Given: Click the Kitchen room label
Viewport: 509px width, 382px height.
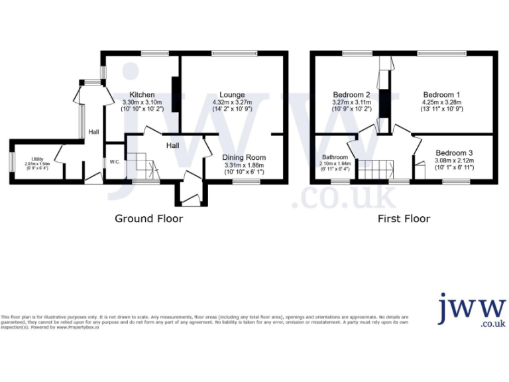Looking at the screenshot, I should [x=142, y=95].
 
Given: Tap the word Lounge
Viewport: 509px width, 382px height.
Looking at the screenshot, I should [x=232, y=95].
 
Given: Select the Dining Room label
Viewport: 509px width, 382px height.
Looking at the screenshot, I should [x=243, y=157].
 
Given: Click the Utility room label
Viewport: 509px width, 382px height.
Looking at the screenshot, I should [x=37, y=159].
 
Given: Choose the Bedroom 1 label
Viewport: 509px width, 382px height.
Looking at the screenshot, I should [x=441, y=95].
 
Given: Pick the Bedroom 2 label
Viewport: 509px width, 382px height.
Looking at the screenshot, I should [x=351, y=95].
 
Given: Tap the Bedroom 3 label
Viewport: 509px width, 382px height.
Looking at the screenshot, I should [x=454, y=153].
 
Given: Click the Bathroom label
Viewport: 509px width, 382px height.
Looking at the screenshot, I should [x=335, y=157].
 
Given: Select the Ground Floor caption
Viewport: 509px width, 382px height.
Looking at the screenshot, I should [x=149, y=218].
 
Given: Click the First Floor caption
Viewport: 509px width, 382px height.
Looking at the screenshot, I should [x=404, y=218].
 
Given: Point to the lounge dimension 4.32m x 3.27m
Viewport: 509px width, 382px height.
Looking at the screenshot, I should [x=232, y=103].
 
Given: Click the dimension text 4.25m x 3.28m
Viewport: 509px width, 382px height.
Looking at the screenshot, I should [x=441, y=103].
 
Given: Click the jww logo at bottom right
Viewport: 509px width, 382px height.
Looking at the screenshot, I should [x=472, y=310].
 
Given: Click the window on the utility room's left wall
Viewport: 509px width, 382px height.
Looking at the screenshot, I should [x=12, y=161].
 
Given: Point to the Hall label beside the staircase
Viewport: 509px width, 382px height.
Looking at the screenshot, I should [x=172, y=145].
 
